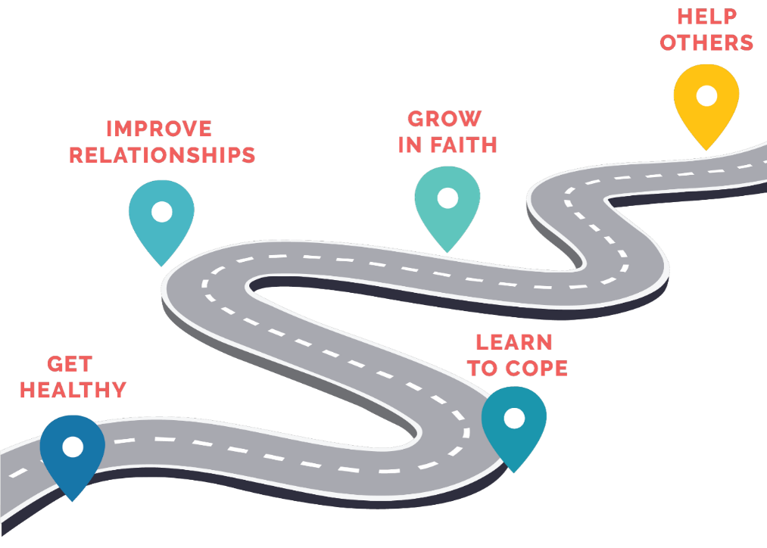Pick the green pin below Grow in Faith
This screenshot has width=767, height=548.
click(x=447, y=205)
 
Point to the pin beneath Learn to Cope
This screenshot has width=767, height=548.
click(x=513, y=425)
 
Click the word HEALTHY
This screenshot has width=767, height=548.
click(x=73, y=390)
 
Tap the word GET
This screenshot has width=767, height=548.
click(x=70, y=364)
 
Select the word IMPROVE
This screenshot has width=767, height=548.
click(x=159, y=129)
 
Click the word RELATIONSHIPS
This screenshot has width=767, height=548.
click(x=162, y=155)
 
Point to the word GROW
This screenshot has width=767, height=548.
click(x=444, y=119)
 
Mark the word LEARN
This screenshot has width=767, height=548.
click(x=514, y=342)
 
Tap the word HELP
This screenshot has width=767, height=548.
click(x=707, y=17)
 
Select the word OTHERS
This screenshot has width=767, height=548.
click(x=706, y=42)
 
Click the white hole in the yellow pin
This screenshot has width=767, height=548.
click(x=706, y=95)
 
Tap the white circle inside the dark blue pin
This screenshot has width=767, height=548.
click(x=73, y=447)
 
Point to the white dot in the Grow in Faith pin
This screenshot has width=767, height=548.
click(x=447, y=198)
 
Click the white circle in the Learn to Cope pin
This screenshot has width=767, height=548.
click(x=513, y=418)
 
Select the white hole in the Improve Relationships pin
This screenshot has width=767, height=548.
click(x=161, y=212)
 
